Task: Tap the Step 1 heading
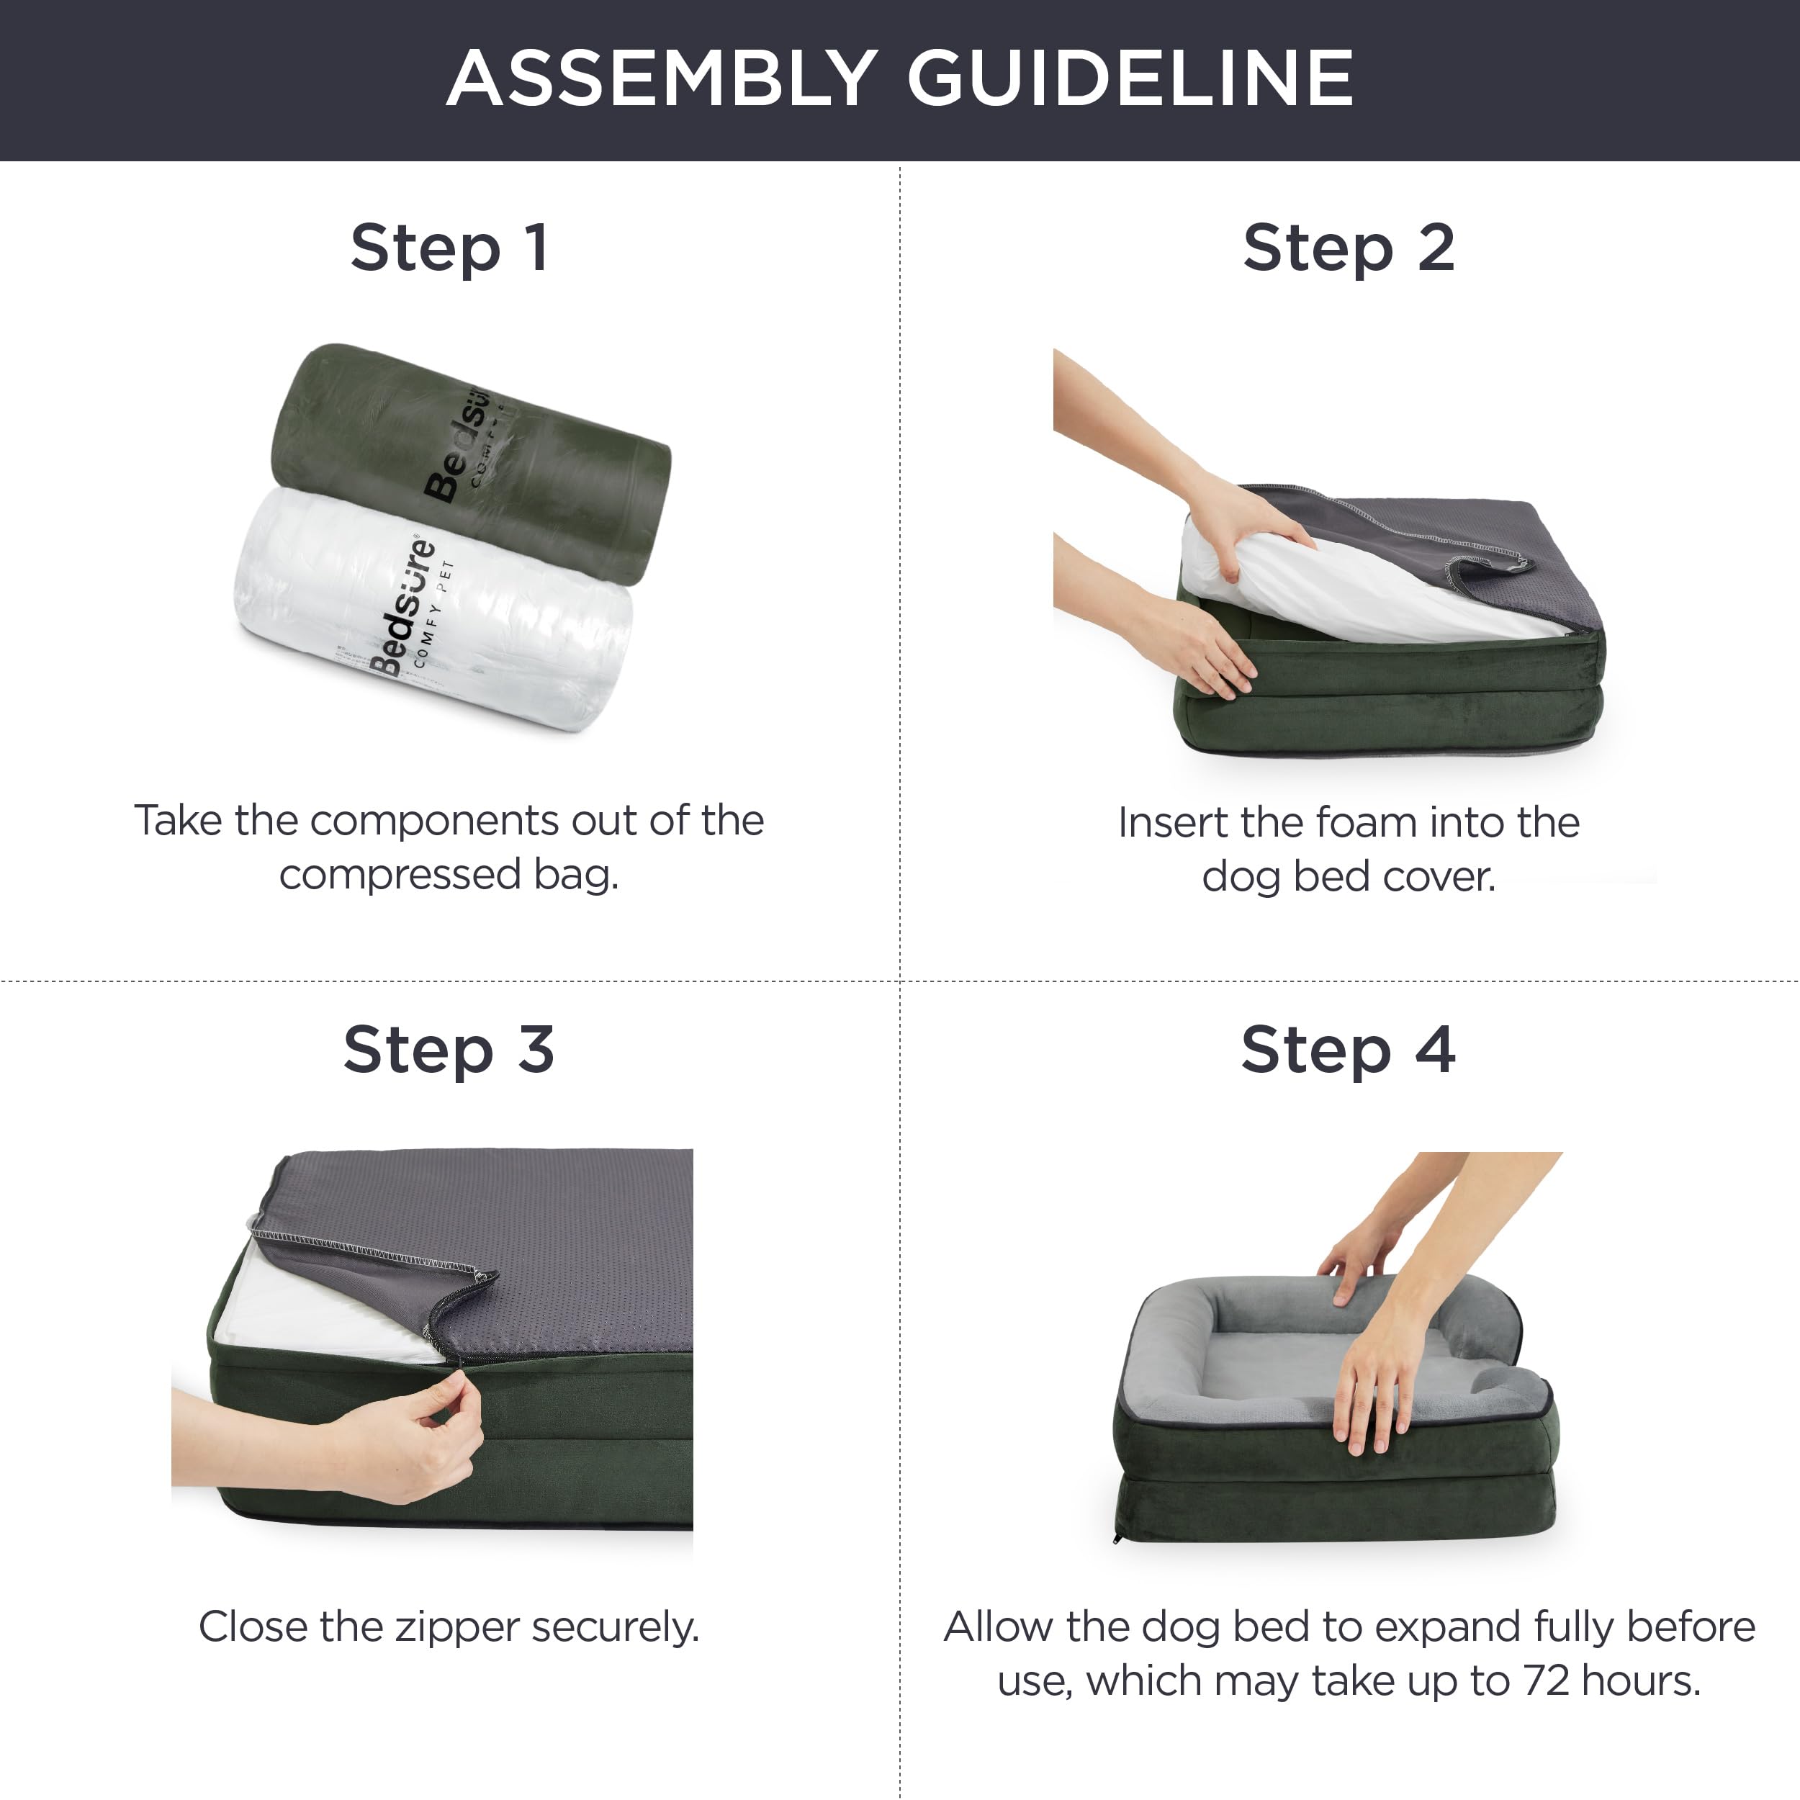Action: click(449, 248)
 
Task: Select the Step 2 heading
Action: click(1348, 248)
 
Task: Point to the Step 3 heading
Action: click(449, 1050)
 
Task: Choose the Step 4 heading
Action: click(1347, 1050)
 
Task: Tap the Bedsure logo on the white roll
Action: click(403, 606)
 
